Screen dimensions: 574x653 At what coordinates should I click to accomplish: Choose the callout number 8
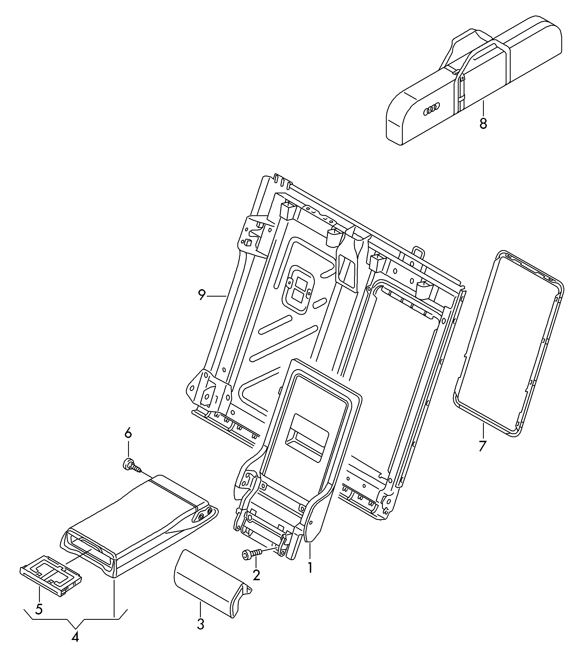[x=483, y=123]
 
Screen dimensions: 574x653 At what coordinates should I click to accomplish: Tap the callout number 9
[x=202, y=295]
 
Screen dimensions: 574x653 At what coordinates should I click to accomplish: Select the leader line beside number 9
[x=217, y=296]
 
